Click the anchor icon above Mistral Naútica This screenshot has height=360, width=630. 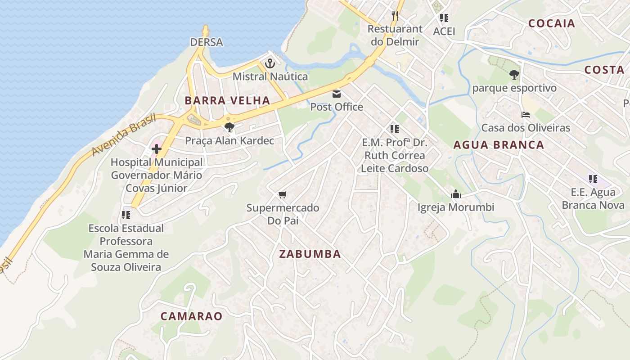(x=270, y=63)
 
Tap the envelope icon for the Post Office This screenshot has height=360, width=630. (x=337, y=94)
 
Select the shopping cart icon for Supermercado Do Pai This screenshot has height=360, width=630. (x=282, y=195)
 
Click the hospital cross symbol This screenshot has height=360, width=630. (x=157, y=149)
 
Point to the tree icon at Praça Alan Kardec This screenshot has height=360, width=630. (x=229, y=127)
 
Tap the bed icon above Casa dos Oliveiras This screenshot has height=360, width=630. (x=525, y=115)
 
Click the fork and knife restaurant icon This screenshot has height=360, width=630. (x=395, y=16)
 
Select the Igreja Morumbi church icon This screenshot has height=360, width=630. (x=456, y=194)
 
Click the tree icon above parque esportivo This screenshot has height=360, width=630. (x=514, y=75)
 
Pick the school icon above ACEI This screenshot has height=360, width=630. (x=444, y=18)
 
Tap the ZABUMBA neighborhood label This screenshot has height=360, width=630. (x=310, y=254)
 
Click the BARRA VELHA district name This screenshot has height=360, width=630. (x=227, y=100)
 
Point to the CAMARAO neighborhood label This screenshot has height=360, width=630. (x=192, y=316)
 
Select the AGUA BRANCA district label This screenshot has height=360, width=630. (x=499, y=145)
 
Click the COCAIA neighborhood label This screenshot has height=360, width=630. (x=552, y=23)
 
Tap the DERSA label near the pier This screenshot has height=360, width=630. (x=207, y=42)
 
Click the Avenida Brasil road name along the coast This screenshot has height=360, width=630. (x=124, y=135)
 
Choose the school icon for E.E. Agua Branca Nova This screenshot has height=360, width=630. (x=593, y=179)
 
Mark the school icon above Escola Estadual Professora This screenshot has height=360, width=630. (x=126, y=215)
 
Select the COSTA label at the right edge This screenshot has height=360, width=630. (x=604, y=70)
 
